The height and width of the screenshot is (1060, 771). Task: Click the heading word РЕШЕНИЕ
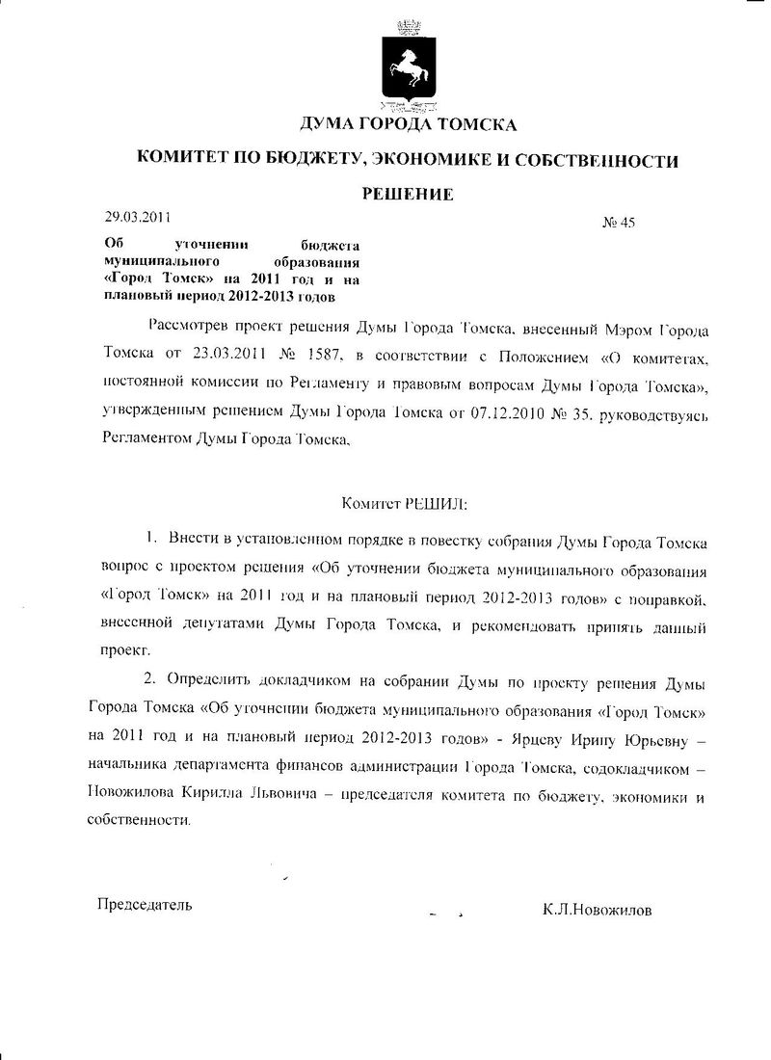tap(408, 195)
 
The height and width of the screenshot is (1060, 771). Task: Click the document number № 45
tap(619, 224)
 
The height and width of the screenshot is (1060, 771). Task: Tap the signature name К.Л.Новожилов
tap(597, 908)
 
